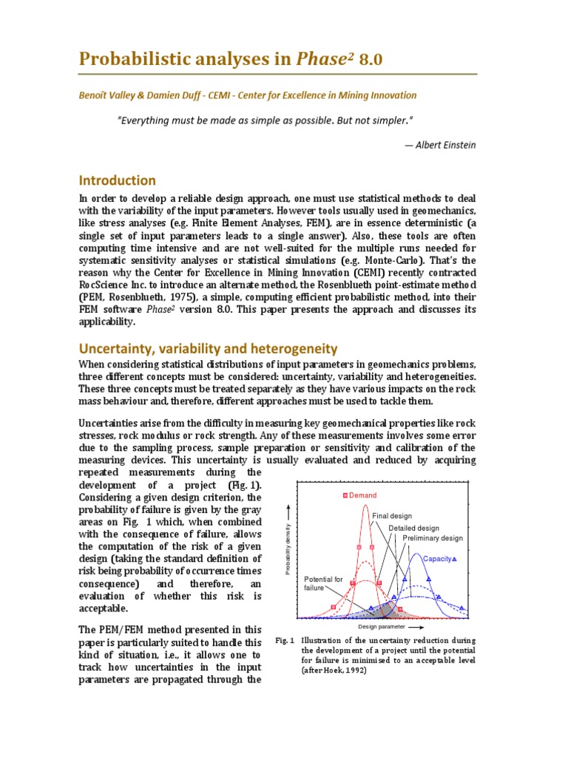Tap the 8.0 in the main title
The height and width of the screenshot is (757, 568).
[x=371, y=60]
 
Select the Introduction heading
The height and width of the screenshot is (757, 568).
[x=118, y=180]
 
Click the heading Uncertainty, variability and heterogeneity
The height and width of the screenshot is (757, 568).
[x=208, y=348]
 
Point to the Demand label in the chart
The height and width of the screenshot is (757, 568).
[x=363, y=495]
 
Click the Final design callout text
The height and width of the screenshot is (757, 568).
[x=392, y=516]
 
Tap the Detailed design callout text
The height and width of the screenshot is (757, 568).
[x=413, y=528]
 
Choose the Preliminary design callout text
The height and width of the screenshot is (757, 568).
[x=433, y=538]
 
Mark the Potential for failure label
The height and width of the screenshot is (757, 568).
[x=324, y=583]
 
